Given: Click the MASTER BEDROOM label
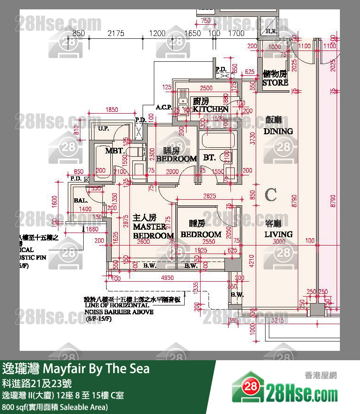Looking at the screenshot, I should point(153,227).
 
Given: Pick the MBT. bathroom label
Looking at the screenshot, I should point(114,151).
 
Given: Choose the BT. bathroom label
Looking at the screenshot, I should point(209,158).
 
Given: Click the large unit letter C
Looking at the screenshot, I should point(271,194).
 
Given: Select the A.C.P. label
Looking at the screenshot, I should point(164,108).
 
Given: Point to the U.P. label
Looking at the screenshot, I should point(104,128).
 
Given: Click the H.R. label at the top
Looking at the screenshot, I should point(271,32).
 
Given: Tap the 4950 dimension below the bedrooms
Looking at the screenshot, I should point(164,278).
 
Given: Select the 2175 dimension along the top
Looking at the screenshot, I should point(115,33).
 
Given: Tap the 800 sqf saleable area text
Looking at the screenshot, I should point(55,407).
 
